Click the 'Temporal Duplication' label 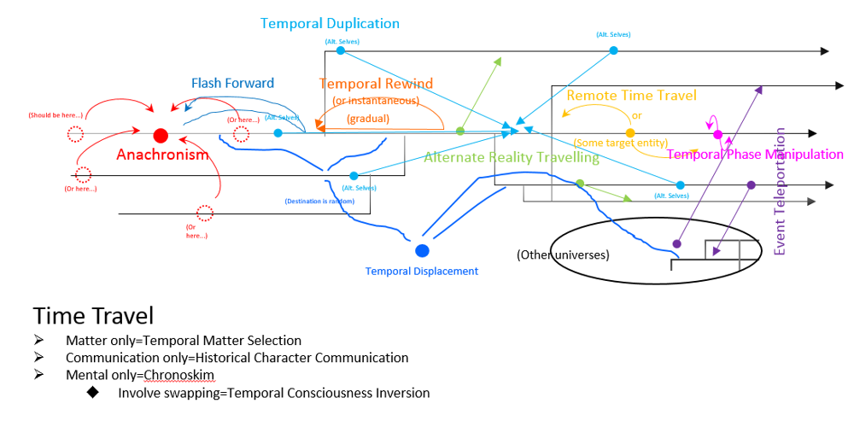330,24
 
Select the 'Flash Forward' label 232,83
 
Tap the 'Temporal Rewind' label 376,84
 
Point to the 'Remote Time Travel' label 631,96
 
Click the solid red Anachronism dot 160,135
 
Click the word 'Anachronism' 162,155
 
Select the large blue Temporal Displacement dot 422,250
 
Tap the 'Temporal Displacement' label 422,272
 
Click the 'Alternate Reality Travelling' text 512,157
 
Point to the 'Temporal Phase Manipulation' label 755,155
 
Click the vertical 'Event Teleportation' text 779,191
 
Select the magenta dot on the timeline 717,134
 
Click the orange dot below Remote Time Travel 630,133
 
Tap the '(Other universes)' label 563,254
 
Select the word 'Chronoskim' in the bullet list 180,375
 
